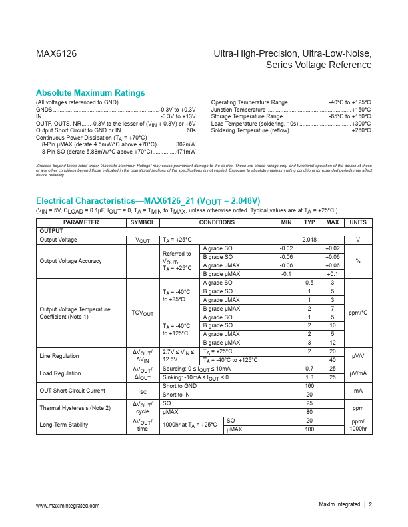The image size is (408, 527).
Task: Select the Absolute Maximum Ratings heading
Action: coord(90,92)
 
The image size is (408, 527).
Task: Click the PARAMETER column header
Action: coord(81,223)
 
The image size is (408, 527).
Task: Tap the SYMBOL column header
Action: coord(143,223)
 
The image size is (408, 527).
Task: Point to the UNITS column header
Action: coord(358,223)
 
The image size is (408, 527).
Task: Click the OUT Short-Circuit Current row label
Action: coord(72,391)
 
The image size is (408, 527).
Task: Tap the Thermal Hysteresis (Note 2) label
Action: coord(75,408)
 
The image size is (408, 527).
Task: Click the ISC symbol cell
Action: coord(143,391)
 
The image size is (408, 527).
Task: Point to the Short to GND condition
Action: coord(180,386)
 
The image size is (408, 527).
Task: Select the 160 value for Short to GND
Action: coord(309,386)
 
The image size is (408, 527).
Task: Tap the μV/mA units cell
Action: coord(358,373)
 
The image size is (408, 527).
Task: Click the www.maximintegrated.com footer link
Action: coord(67,506)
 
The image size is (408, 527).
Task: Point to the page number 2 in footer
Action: coord(370,506)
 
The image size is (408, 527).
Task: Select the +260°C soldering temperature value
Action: coord(361,131)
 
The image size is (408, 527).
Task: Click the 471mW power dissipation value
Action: coord(185,152)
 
